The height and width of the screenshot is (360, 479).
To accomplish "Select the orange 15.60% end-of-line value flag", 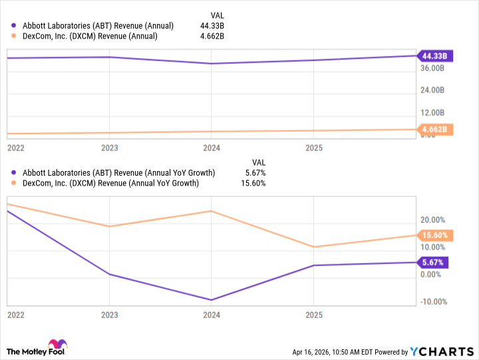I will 434,235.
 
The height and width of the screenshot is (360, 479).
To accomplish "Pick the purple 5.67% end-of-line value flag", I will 432,262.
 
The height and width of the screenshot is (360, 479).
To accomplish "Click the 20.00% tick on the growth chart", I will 432,220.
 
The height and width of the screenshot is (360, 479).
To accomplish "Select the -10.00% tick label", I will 432,301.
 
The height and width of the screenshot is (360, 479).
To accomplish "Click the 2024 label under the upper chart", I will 212,147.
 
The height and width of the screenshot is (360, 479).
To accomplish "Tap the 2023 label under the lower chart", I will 109,315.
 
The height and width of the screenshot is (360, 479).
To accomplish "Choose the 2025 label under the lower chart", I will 314,315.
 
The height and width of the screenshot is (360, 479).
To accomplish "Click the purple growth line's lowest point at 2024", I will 212,300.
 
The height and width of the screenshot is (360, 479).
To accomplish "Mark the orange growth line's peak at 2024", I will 212,211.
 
